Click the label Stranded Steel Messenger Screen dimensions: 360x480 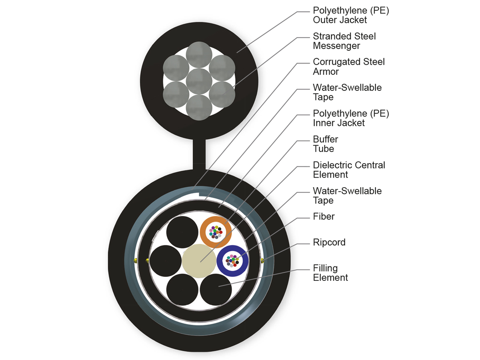click(344, 41)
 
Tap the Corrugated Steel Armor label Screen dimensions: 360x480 click(349, 67)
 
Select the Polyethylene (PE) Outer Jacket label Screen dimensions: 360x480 click(351, 15)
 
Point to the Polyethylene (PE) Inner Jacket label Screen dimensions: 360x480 click(351, 118)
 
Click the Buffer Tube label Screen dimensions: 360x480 click(325, 144)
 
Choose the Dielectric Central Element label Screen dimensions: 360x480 click(349, 170)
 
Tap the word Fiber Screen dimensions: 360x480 click(324, 217)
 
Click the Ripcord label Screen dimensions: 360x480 click(329, 242)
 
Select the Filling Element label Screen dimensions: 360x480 click(330, 273)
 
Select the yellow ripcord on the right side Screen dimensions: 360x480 click(262, 261)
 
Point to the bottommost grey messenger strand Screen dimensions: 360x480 click(199, 107)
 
